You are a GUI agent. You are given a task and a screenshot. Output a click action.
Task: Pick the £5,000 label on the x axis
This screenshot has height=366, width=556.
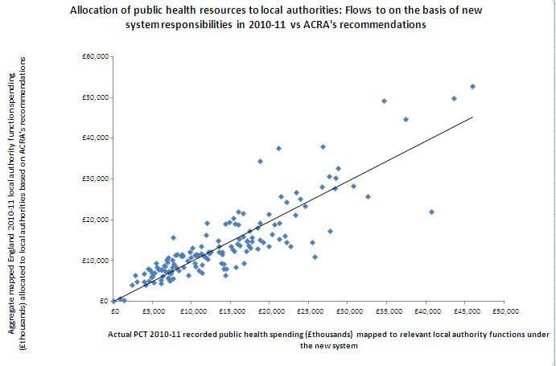[154, 310]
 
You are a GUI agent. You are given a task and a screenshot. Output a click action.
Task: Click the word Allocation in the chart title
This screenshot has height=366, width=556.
[99, 11]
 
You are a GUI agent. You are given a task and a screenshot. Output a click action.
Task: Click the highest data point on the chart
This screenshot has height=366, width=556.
[473, 86]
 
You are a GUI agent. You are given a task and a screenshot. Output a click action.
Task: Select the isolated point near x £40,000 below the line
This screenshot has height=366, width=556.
[431, 212]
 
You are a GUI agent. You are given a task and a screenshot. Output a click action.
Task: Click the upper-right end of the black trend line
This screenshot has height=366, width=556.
[473, 117]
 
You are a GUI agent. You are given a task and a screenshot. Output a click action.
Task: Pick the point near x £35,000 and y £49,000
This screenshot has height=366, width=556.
[384, 101]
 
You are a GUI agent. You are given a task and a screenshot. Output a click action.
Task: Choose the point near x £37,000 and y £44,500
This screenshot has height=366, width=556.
[406, 119]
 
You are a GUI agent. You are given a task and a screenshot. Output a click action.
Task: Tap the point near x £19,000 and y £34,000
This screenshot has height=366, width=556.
[260, 161]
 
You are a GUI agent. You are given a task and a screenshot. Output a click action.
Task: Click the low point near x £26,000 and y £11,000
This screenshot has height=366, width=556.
[315, 257]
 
